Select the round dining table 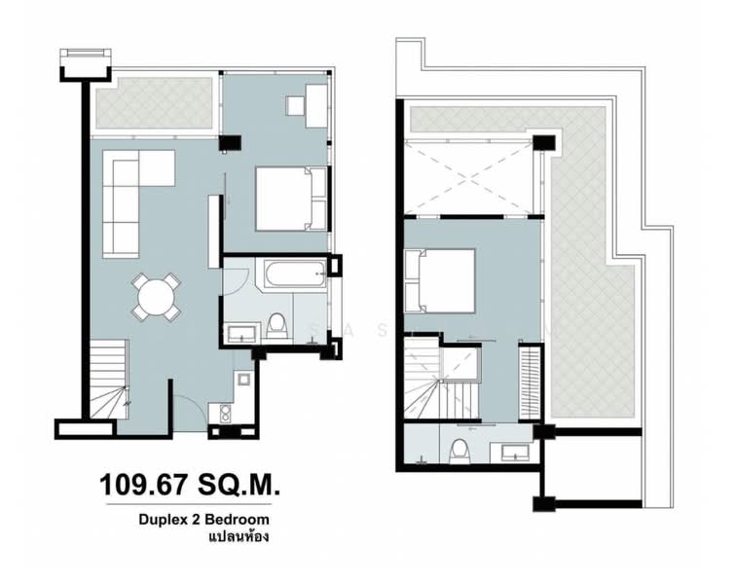[x=157, y=296]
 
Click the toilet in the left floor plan [x=277, y=324]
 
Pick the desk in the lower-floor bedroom [x=316, y=105]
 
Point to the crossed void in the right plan [x=469, y=175]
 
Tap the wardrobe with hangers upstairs [x=532, y=383]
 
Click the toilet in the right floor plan [x=459, y=450]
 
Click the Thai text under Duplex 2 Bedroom [x=238, y=537]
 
